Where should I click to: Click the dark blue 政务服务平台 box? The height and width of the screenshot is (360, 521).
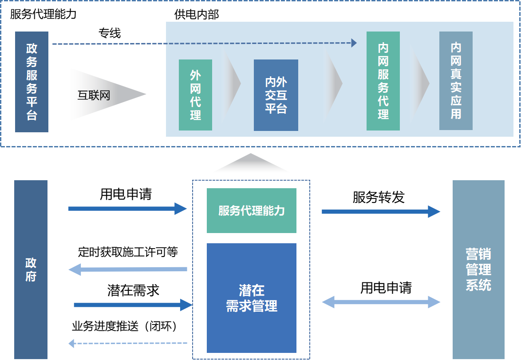32,82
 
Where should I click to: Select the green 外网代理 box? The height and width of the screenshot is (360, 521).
195,95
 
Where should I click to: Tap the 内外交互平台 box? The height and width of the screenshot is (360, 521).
276,95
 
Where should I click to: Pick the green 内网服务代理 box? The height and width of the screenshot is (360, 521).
383,81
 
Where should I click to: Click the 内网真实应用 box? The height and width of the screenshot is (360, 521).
456,81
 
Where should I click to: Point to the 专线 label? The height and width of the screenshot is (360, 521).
110,33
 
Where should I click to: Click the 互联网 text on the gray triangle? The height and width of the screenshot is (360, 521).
94,95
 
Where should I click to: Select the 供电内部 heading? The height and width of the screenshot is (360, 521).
197,15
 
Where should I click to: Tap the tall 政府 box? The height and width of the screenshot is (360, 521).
31,269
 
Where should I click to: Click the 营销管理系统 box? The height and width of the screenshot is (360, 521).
478,269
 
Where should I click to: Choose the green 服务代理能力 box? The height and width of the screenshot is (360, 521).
251,210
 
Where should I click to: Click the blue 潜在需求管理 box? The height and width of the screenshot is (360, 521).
251,298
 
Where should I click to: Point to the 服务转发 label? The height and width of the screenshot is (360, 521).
379,197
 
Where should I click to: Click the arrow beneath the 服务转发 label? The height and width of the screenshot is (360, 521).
380,212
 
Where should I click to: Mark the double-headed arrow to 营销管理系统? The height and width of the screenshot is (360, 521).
381,303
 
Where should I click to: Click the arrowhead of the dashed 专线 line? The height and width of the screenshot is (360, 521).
354,43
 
